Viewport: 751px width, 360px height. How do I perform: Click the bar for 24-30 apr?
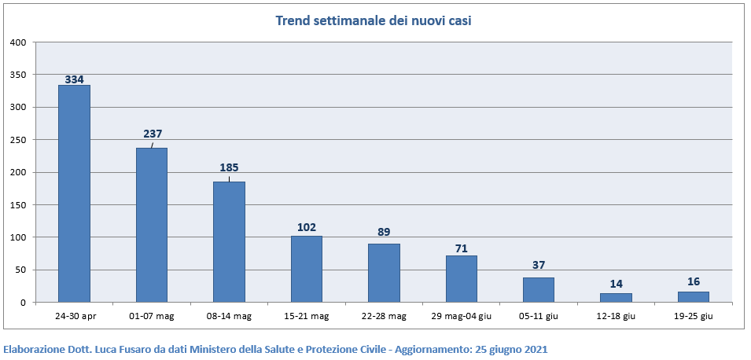74,193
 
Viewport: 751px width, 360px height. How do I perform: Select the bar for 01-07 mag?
151,225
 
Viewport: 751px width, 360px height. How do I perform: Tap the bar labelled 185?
229,242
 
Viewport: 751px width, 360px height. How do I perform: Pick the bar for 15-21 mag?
306,269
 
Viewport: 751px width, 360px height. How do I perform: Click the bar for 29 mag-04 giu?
461,279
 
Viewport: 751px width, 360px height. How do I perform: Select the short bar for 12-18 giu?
616,298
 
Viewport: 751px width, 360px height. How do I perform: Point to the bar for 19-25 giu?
693,297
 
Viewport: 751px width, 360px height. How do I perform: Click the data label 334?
75,79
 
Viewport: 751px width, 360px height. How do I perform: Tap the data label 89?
384,232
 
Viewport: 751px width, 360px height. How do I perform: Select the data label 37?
539,266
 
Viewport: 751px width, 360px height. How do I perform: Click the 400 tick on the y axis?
18,42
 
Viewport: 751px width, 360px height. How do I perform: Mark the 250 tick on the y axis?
18,140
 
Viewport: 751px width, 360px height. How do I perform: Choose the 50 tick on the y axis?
21,270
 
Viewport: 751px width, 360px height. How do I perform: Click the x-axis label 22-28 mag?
384,316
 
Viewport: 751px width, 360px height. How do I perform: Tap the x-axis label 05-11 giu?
539,316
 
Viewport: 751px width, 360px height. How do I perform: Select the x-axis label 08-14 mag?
229,316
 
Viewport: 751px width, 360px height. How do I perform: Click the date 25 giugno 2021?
511,349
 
